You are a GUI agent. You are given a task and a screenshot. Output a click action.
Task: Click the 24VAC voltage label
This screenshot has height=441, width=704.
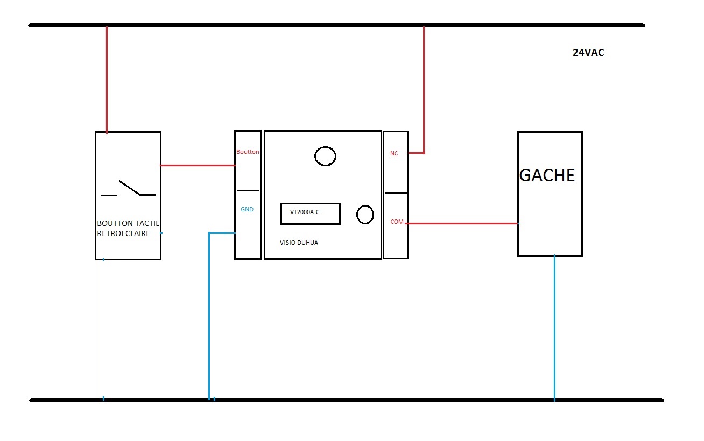tap(588, 53)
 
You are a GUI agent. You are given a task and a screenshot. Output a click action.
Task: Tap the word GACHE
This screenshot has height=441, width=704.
tap(547, 176)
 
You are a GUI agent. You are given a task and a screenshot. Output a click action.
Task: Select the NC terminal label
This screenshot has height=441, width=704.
tap(394, 154)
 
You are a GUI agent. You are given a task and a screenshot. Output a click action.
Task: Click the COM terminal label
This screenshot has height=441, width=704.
tap(397, 222)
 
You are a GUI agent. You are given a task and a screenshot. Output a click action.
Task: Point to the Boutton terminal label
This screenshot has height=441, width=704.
tap(248, 152)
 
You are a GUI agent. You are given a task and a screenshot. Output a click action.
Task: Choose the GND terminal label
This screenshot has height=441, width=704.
tap(247, 210)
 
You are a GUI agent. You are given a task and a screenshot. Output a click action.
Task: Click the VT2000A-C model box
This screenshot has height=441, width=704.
tap(310, 213)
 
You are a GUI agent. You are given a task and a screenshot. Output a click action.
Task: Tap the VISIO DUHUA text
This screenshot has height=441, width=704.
tap(299, 243)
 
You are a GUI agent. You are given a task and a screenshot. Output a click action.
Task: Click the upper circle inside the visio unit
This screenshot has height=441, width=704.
tap(325, 157)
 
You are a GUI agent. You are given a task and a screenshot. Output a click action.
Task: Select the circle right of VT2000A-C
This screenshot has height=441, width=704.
tap(365, 215)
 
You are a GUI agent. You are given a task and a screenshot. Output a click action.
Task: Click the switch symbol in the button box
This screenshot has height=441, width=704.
tap(129, 189)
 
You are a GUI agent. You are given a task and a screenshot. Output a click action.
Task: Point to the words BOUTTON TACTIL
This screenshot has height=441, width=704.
tap(129, 223)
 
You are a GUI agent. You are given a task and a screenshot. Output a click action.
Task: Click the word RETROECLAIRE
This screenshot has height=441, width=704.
tap(123, 234)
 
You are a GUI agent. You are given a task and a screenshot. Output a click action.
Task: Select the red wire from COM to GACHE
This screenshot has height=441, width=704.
tap(463, 223)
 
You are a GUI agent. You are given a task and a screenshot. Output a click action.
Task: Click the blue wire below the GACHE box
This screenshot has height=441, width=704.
tap(554, 328)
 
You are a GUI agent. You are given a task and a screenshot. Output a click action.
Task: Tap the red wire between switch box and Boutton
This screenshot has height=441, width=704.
tap(198, 165)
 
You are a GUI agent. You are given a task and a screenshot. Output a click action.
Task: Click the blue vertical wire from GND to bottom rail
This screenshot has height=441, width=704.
tap(209, 317)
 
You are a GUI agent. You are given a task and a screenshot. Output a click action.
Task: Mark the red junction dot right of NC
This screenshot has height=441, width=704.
tap(424, 153)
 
